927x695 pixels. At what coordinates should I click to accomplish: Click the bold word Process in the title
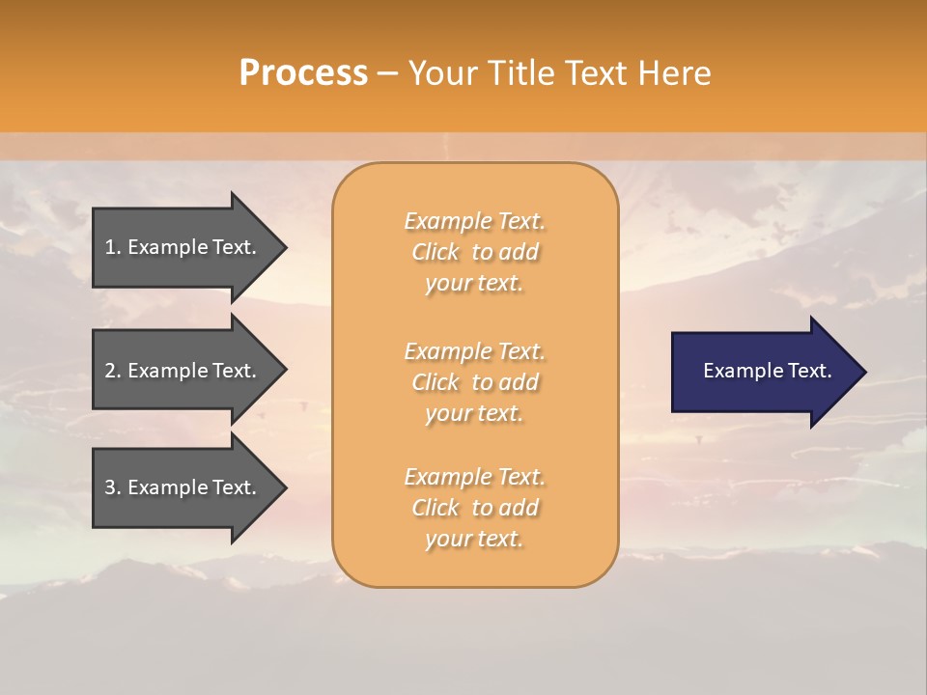click(303, 73)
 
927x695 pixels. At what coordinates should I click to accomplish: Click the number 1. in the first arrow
click(113, 247)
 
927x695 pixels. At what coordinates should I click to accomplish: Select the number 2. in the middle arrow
click(113, 371)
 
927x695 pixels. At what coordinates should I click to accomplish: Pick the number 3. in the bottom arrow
click(113, 487)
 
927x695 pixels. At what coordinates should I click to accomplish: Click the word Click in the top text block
click(435, 252)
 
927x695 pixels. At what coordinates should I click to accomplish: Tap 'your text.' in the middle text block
click(474, 413)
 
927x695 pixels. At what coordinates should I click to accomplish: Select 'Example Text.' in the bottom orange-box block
click(474, 477)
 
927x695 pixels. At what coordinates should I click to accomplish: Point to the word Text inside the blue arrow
click(809, 371)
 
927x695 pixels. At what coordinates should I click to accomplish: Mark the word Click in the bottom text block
click(435, 508)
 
